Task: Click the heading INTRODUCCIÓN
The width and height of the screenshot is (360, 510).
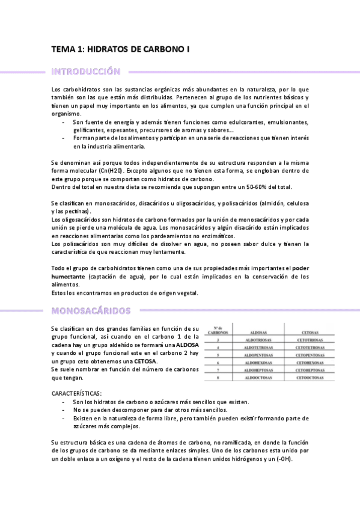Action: [86, 72]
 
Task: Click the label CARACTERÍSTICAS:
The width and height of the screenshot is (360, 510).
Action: [76, 393]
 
